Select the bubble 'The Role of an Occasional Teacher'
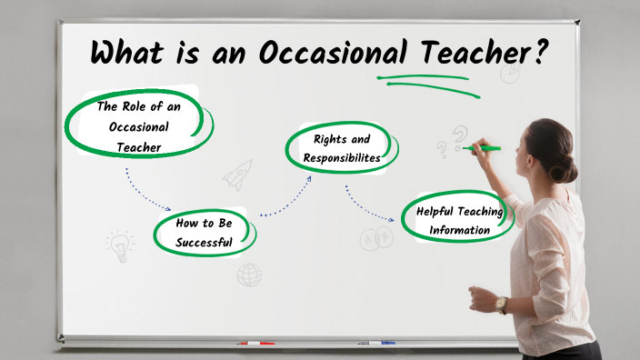(135, 125)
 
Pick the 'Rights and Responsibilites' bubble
(342, 147)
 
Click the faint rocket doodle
(237, 174)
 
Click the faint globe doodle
(249, 274)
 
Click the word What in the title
(127, 52)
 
